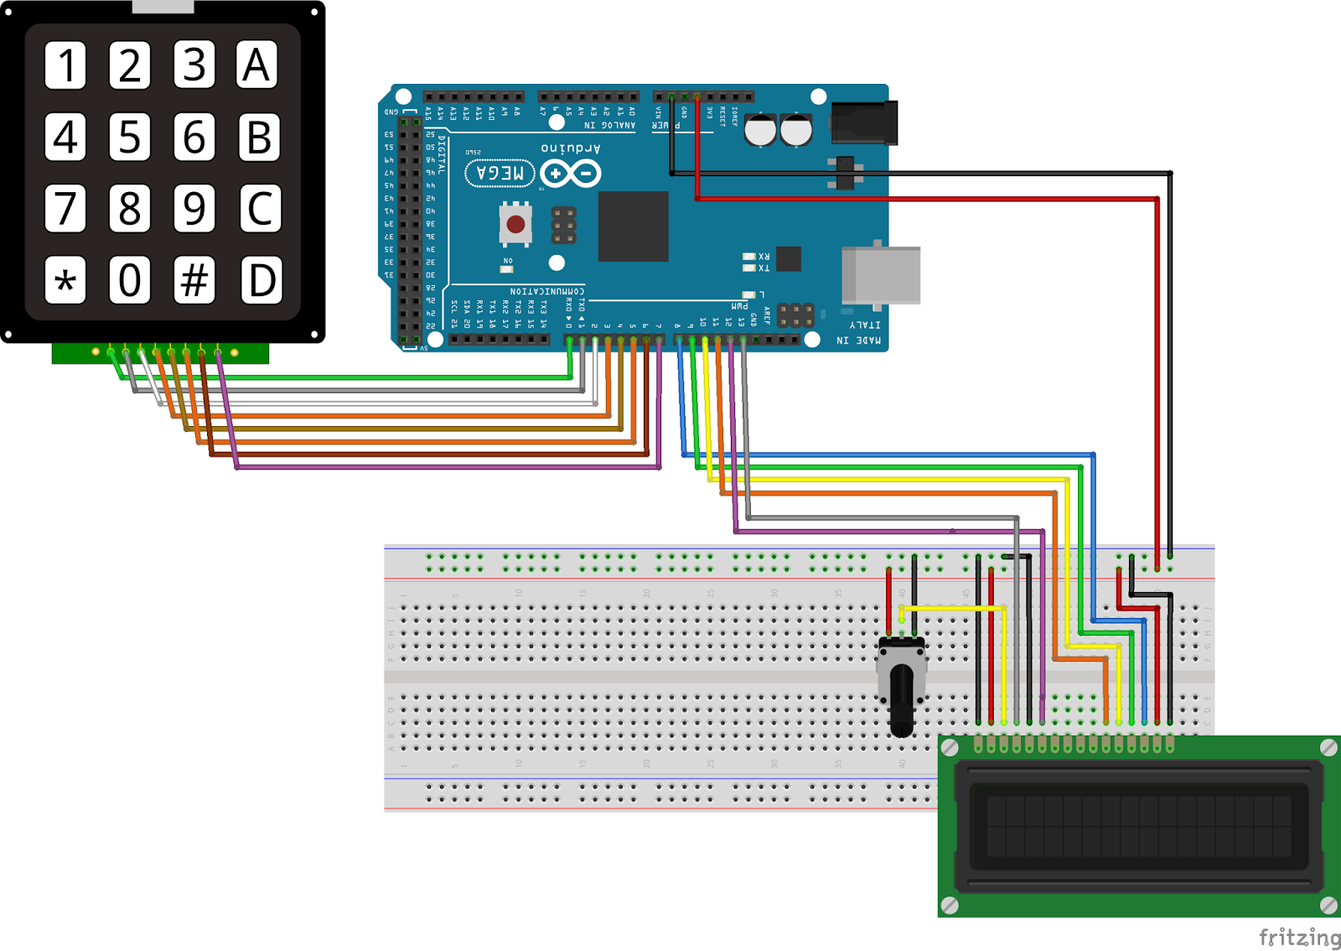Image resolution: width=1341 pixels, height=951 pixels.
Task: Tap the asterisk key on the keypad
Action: coord(65,280)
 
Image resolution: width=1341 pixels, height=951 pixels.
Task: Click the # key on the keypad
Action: coord(194,280)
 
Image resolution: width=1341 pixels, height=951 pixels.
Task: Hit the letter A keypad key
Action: coord(256,65)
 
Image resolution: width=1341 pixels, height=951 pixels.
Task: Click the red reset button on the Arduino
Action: coord(515,224)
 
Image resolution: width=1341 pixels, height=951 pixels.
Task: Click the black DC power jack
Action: coord(864,122)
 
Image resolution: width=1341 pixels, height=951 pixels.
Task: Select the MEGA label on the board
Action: coord(500,174)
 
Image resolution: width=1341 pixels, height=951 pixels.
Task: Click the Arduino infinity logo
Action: coord(570,174)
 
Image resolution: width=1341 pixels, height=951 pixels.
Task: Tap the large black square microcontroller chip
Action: coord(633,226)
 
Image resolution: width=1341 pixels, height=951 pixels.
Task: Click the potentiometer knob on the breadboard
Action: coord(901,700)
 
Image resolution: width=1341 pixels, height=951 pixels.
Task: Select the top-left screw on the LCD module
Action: coord(950,747)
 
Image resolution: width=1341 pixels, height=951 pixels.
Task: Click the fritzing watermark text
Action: coord(1298,937)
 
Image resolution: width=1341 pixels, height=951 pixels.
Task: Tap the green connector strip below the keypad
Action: coord(159,353)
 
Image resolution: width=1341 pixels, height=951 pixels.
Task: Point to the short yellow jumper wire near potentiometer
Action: coord(951,607)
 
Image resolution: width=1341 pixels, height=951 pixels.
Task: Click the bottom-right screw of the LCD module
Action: coord(1328,905)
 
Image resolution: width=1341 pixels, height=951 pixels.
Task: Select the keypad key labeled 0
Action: coord(129,280)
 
